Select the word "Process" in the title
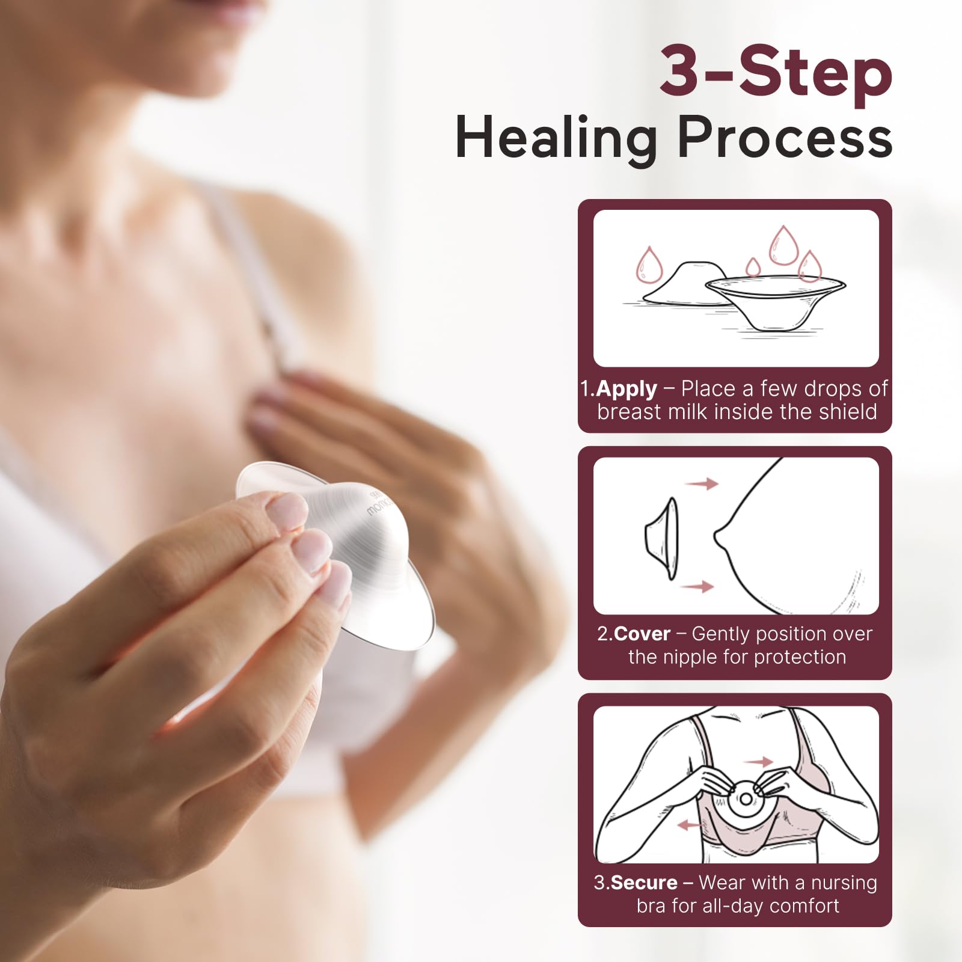pyautogui.click(x=785, y=138)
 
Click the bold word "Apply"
pyautogui.click(x=627, y=389)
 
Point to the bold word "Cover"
pyautogui.click(x=642, y=634)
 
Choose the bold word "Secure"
pyautogui.click(x=644, y=883)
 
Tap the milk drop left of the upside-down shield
pyautogui.click(x=649, y=265)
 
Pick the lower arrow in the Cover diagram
pyautogui.click(x=699, y=586)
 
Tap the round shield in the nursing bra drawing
pyautogui.click(x=746, y=798)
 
